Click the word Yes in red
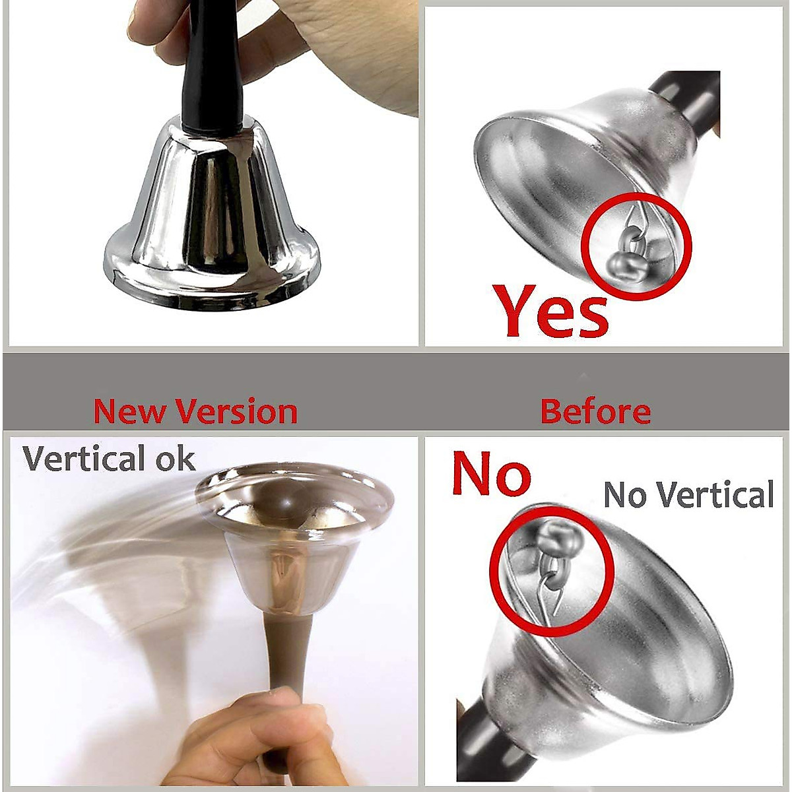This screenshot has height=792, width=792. pyautogui.click(x=551, y=312)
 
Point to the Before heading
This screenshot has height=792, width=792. pyautogui.click(x=595, y=411)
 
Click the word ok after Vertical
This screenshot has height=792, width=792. pyautogui.click(x=176, y=459)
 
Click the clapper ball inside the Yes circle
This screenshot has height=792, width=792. pyautogui.click(x=624, y=264)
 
